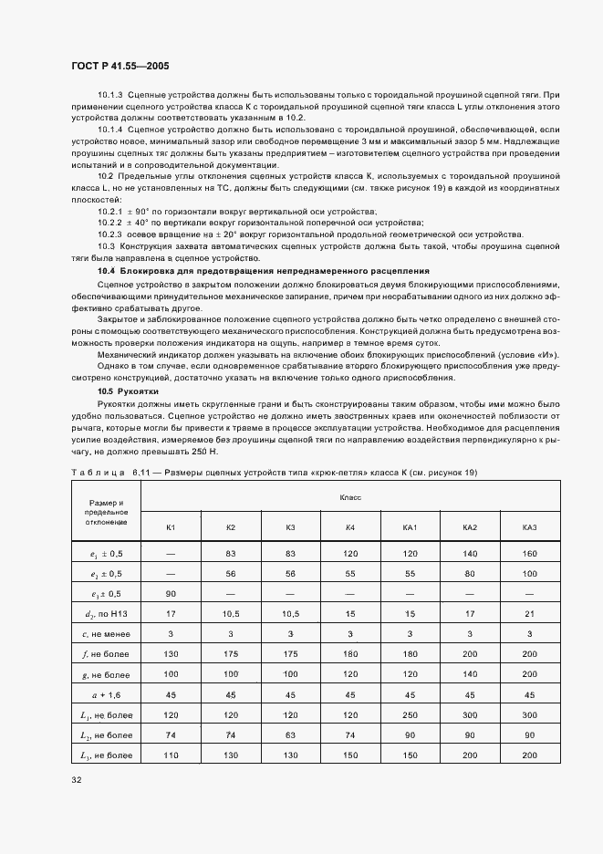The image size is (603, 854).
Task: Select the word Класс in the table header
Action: click(x=350, y=497)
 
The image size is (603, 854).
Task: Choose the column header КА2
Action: click(x=470, y=527)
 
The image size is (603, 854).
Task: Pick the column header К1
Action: click(x=171, y=527)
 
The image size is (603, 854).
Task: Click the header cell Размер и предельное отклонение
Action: click(x=107, y=513)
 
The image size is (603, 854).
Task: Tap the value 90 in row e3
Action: click(x=171, y=594)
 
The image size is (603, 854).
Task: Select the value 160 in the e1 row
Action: click(x=529, y=553)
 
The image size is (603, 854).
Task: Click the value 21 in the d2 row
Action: click(x=529, y=614)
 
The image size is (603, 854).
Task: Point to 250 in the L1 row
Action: click(x=410, y=715)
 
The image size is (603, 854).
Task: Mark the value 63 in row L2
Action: click(x=290, y=735)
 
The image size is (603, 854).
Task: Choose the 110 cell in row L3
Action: click(x=171, y=755)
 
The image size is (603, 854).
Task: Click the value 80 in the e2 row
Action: click(x=470, y=574)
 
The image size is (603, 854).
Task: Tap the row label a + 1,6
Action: click(x=107, y=695)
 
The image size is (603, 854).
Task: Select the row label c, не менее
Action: click(x=107, y=634)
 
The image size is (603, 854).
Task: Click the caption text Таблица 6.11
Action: click(x=110, y=472)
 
